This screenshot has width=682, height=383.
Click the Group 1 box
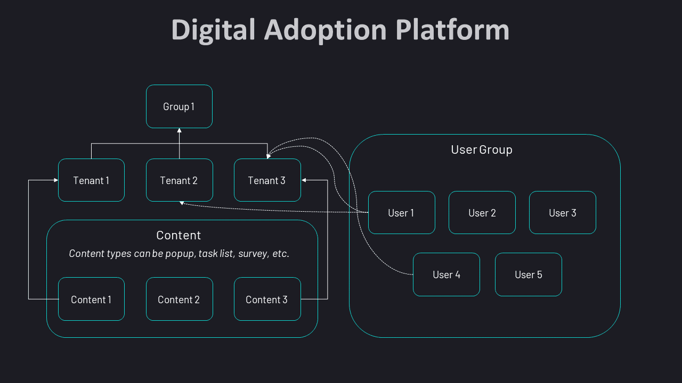pyautogui.click(x=179, y=106)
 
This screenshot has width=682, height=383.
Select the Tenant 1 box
pyautogui.click(x=91, y=180)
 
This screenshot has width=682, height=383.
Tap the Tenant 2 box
pyautogui.click(x=179, y=180)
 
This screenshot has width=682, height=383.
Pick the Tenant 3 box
pyautogui.click(x=267, y=180)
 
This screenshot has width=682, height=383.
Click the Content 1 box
pyautogui.click(x=91, y=299)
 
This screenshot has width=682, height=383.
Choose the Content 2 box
pyautogui.click(x=179, y=299)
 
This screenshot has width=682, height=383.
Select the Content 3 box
pyautogui.click(x=267, y=299)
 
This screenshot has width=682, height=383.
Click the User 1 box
pyautogui.click(x=401, y=213)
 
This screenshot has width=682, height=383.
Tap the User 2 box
pyautogui.click(x=482, y=213)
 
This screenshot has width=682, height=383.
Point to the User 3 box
pyautogui.click(x=562, y=213)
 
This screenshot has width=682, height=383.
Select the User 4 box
pyautogui.click(x=446, y=274)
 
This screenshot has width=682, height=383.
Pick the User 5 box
pyautogui.click(x=528, y=274)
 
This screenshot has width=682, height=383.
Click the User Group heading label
pyautogui.click(x=482, y=150)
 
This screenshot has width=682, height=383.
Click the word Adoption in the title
pyautogui.click(x=326, y=30)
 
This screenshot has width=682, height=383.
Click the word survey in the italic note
pyautogui.click(x=253, y=254)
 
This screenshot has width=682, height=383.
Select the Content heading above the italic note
pyautogui.click(x=178, y=235)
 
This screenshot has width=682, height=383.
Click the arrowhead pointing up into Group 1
pyautogui.click(x=179, y=130)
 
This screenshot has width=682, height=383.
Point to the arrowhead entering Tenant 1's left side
pyautogui.click(x=55, y=180)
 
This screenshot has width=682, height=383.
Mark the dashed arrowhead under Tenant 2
pyautogui.click(x=182, y=203)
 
